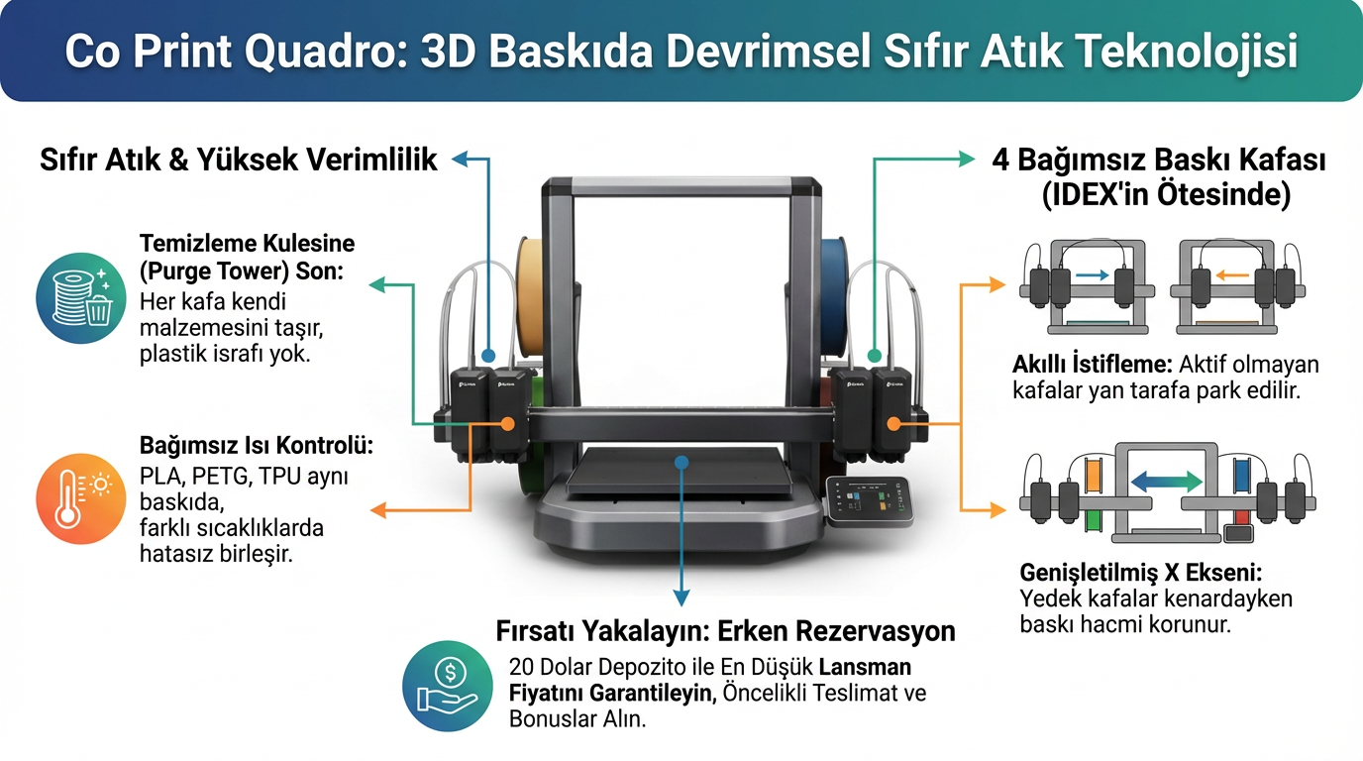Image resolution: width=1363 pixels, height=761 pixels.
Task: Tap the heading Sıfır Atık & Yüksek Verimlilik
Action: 238,160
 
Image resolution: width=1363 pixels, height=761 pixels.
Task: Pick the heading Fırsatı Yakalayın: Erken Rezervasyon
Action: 725,631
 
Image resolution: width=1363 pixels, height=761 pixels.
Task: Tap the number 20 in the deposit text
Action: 522,666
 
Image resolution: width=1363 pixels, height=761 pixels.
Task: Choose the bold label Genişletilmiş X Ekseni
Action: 1140,573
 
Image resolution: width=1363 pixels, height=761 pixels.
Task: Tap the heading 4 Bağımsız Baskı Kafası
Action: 1159,161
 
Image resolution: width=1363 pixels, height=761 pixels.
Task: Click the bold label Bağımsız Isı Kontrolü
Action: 257,446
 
